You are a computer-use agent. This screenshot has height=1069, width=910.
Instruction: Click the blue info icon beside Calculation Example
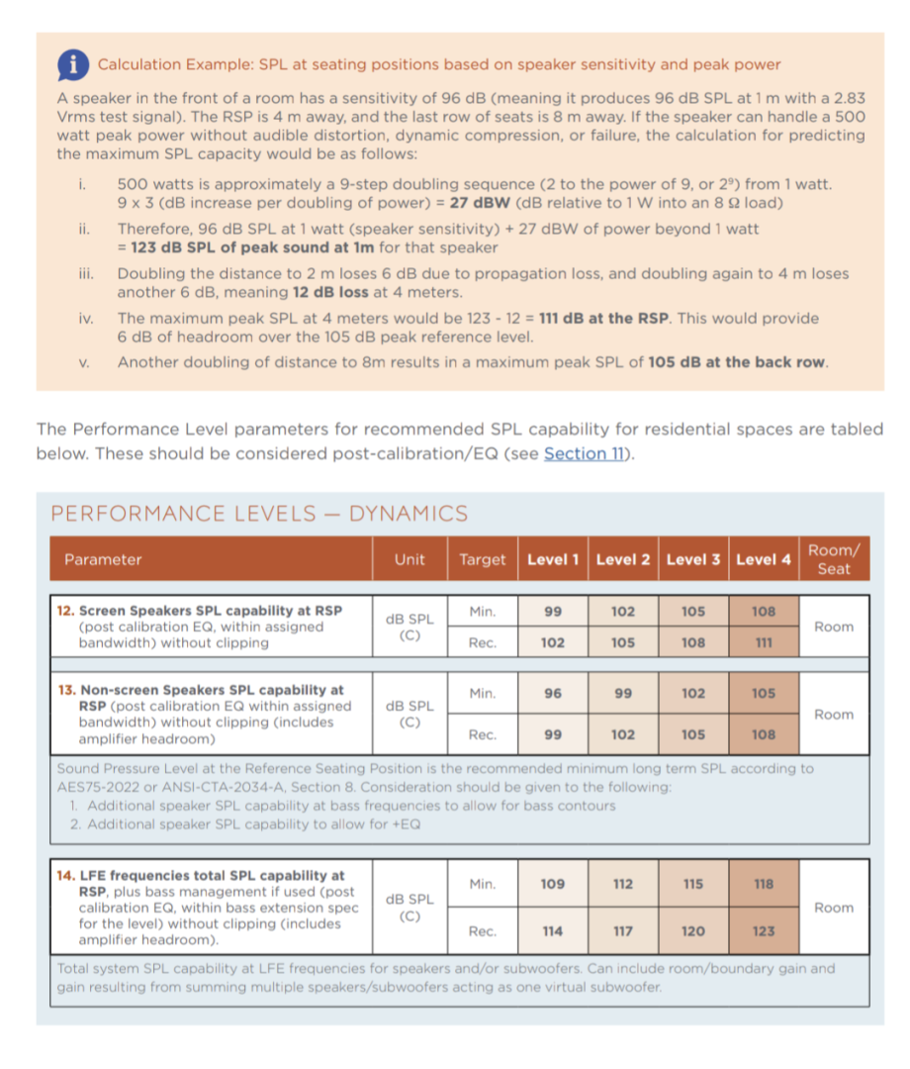point(71,65)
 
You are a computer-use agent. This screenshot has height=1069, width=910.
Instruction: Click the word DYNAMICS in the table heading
point(409,514)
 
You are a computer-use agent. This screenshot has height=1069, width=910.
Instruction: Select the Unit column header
point(409,559)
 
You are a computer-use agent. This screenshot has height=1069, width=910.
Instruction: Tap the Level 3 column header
point(693,559)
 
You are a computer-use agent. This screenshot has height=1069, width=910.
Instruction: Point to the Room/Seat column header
point(834,559)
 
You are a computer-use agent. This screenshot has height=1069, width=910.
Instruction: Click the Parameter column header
point(103,559)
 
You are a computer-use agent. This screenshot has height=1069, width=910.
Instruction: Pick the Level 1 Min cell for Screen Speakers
point(553,611)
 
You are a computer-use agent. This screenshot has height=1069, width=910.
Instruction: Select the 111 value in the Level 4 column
point(764,642)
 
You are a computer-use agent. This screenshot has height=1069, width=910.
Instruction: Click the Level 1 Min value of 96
point(553,693)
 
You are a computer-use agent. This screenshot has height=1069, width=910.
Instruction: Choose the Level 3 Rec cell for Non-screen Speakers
point(693,734)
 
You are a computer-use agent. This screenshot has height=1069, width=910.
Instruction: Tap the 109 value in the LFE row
point(553,884)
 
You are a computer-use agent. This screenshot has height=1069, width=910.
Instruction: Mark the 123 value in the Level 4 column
point(764,931)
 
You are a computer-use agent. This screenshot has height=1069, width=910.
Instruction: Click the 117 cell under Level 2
point(623,931)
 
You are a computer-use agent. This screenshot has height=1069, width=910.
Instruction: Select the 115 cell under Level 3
point(693,884)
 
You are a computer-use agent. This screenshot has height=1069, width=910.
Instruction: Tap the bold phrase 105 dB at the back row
point(737,361)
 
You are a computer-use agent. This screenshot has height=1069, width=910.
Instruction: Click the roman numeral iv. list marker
point(85,319)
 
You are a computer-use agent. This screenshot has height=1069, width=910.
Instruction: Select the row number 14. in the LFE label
point(65,875)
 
